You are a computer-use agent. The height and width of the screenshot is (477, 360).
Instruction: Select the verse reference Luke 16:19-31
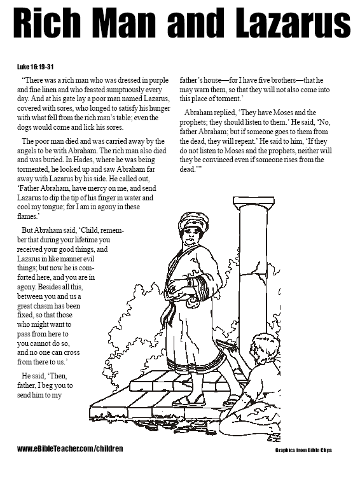click(36, 66)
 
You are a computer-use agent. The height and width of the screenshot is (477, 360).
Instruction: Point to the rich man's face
click(190, 235)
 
